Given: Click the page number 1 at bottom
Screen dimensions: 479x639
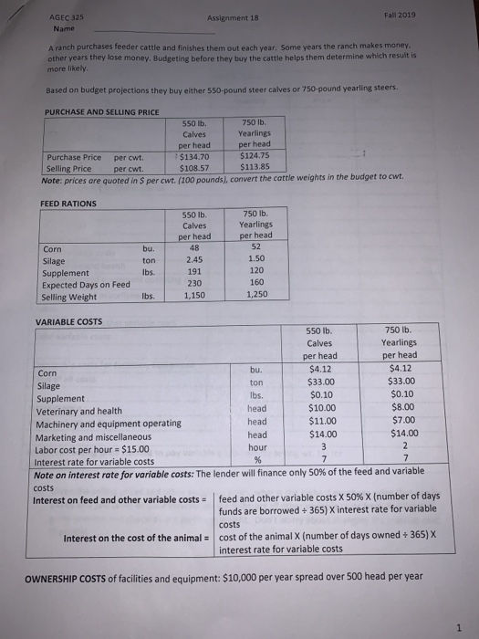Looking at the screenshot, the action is pyautogui.click(x=456, y=623).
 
